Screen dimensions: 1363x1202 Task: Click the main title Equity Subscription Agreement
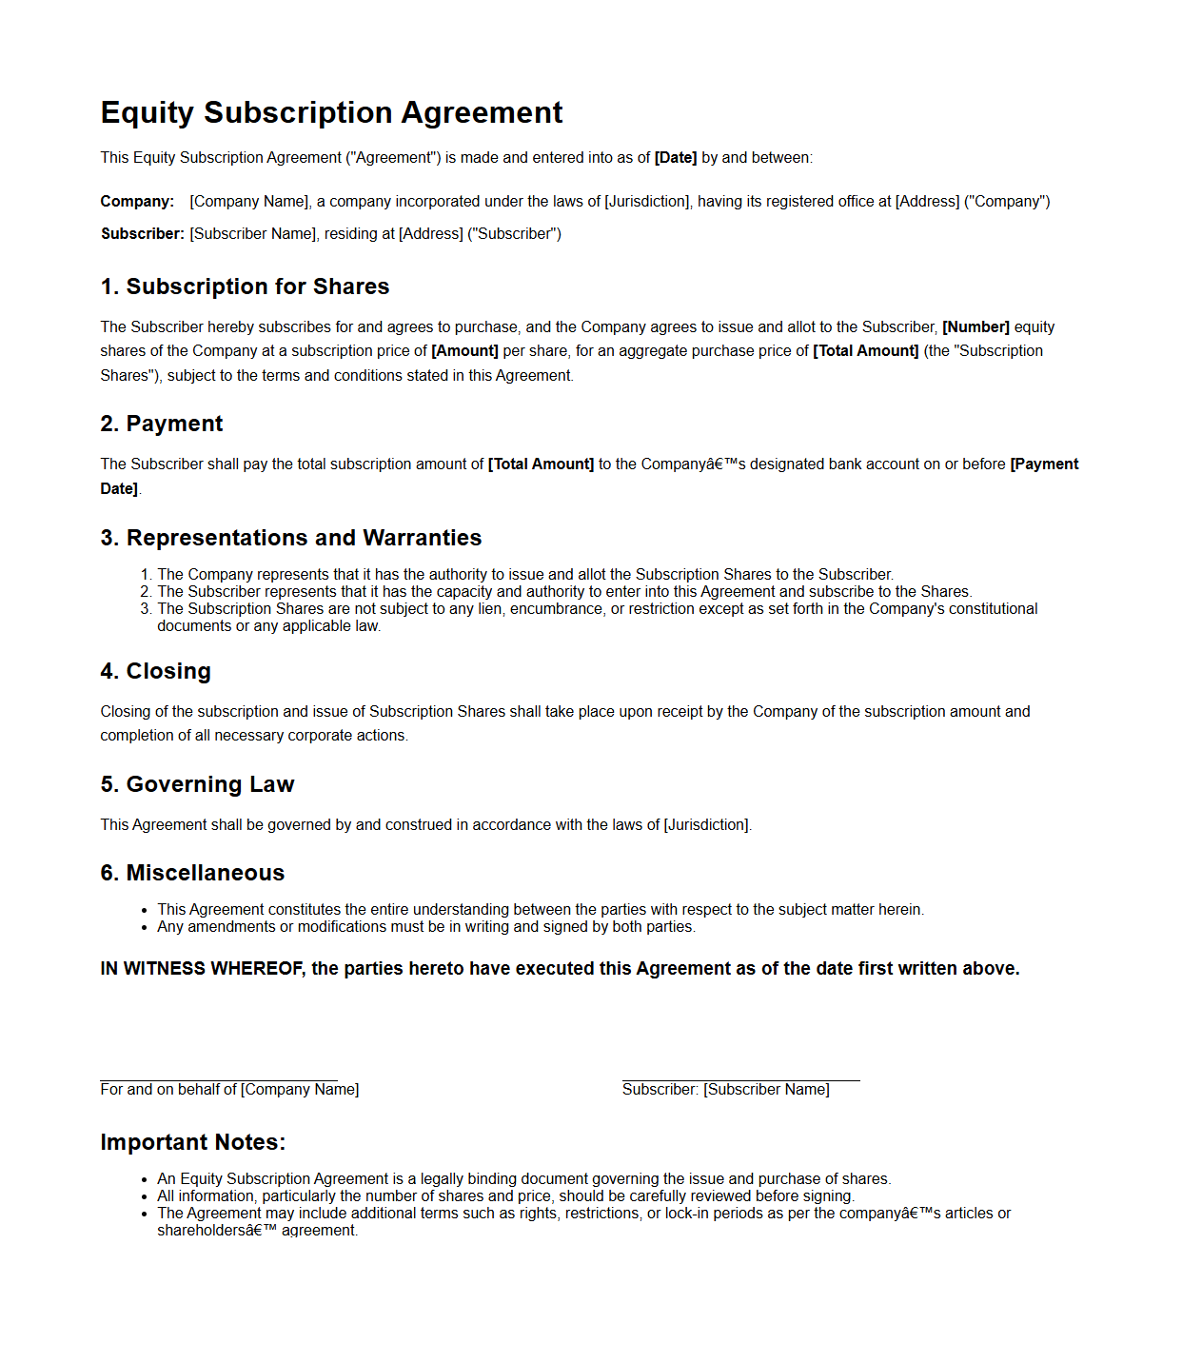click(331, 112)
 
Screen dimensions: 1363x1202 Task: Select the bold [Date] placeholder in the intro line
click(675, 158)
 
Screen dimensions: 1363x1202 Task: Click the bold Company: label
click(137, 202)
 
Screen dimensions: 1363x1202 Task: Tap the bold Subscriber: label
click(143, 234)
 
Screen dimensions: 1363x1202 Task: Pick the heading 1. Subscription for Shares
click(245, 286)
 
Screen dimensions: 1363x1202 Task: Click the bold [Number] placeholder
click(975, 327)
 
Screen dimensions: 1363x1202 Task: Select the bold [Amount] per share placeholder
click(464, 351)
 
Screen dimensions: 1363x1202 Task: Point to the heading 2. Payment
click(161, 424)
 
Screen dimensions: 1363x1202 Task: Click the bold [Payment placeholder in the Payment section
click(1044, 464)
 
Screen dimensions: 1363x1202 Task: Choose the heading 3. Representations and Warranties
click(290, 538)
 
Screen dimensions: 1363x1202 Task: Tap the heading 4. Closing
click(155, 671)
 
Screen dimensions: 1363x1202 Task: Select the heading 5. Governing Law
click(197, 784)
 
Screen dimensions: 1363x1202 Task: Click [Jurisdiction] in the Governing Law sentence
click(706, 825)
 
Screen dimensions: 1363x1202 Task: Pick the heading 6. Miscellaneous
click(192, 873)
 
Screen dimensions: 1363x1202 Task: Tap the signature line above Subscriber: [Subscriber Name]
click(740, 1080)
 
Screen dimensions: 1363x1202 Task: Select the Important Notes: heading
click(192, 1142)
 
